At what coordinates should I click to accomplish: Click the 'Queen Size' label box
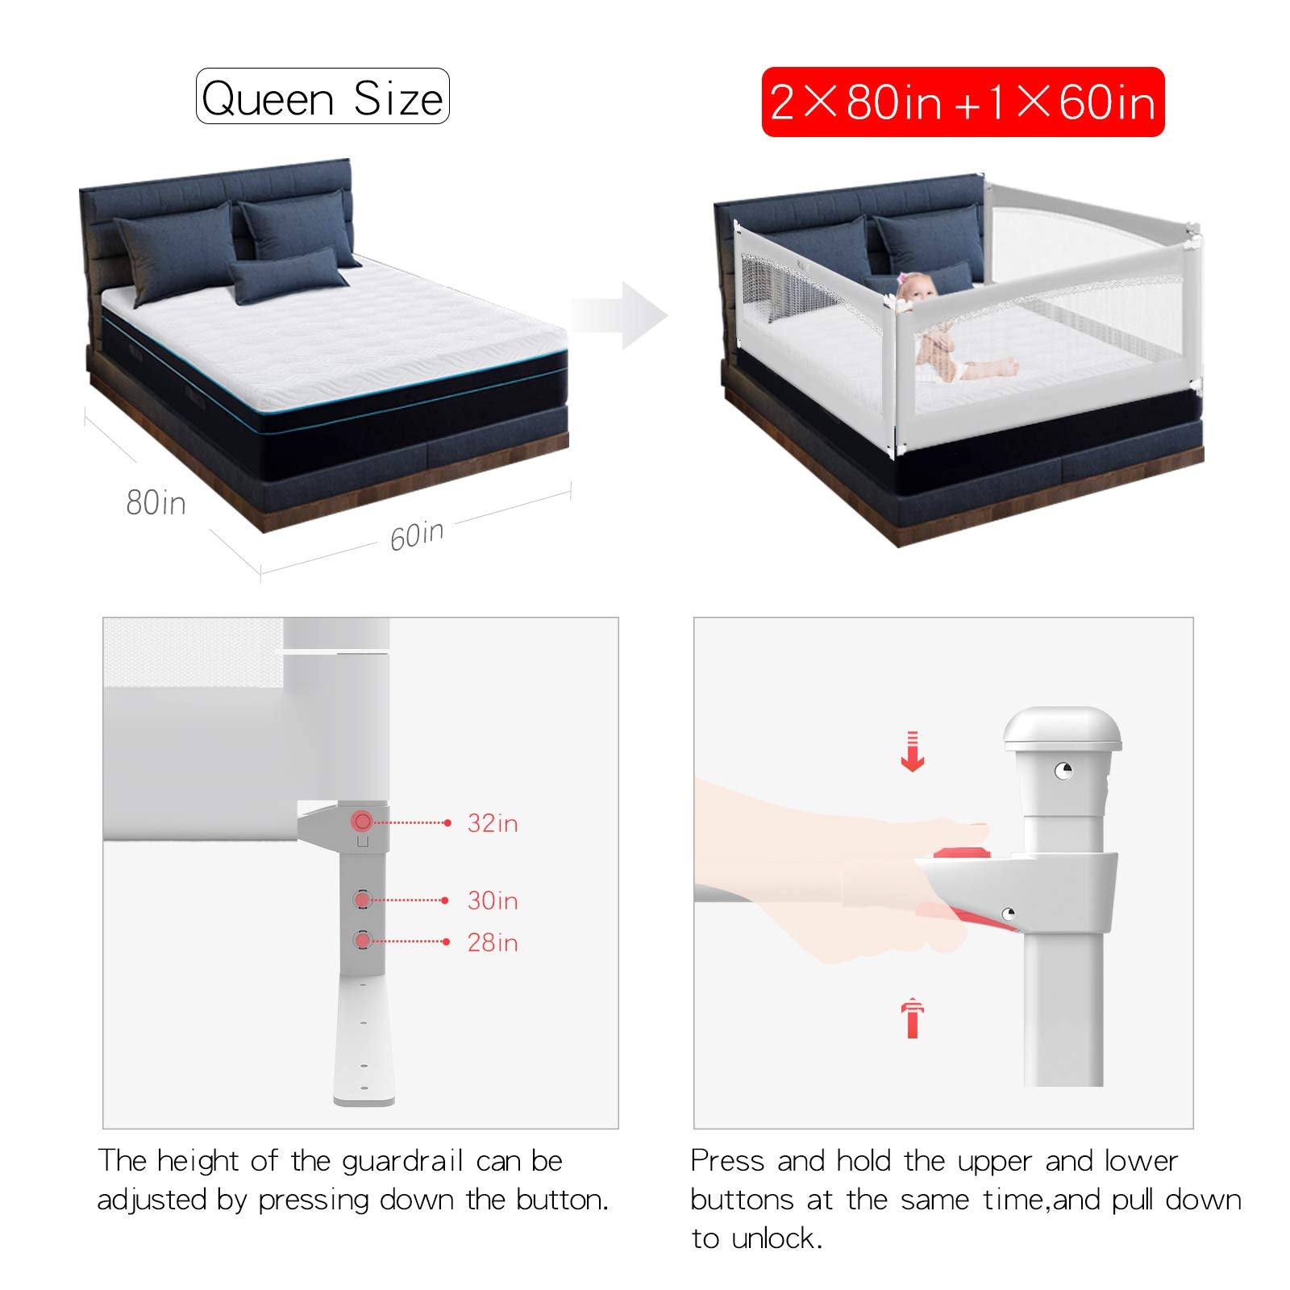pos(322,97)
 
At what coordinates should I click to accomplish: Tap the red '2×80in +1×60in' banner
pos(963,102)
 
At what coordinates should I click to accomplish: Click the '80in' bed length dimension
pos(156,503)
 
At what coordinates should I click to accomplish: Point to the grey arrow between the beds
pos(620,314)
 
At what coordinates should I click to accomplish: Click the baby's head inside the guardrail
pos(918,289)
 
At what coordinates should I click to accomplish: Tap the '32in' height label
pos(493,823)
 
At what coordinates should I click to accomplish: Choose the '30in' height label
pos(493,901)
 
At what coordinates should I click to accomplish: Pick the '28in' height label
pos(493,943)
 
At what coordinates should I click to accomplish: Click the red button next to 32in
pos(362,822)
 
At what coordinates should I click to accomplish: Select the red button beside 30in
pos(362,900)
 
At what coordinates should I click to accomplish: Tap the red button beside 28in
pos(362,940)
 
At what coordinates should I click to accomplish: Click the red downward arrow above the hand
pos(912,751)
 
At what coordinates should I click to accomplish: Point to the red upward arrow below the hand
pos(912,1017)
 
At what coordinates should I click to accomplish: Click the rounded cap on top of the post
pos(1063,728)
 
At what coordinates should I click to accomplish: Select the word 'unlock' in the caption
pos(775,1238)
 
